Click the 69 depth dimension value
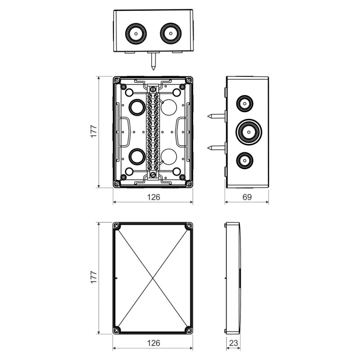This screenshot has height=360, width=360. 247,197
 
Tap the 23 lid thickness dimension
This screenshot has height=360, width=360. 234,343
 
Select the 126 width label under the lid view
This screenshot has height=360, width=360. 153,343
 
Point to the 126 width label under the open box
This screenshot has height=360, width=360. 153,197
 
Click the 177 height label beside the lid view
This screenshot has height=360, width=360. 94,278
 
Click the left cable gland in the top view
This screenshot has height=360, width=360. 136,33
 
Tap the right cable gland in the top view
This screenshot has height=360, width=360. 171,33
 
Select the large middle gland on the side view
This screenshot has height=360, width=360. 248,131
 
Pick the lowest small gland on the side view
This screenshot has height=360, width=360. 244,161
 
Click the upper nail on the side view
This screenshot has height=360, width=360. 216,116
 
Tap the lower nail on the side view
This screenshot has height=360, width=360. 216,148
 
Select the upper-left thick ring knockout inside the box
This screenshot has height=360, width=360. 137,107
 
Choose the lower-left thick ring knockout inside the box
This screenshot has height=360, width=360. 137,156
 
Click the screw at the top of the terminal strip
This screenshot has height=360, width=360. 153,89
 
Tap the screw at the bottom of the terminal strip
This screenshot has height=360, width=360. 153,174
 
